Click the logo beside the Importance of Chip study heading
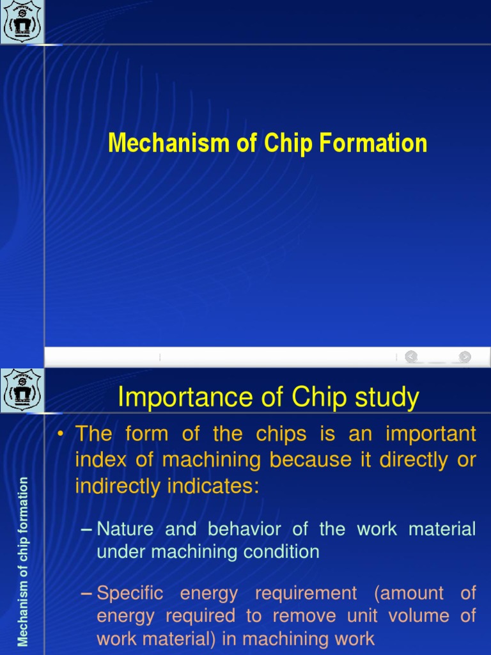click(x=22, y=390)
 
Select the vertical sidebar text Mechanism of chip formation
click(x=23, y=562)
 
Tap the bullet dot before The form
click(x=62, y=434)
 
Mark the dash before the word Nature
click(x=88, y=530)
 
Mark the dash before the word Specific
click(x=88, y=594)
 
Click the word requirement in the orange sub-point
click(x=306, y=594)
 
